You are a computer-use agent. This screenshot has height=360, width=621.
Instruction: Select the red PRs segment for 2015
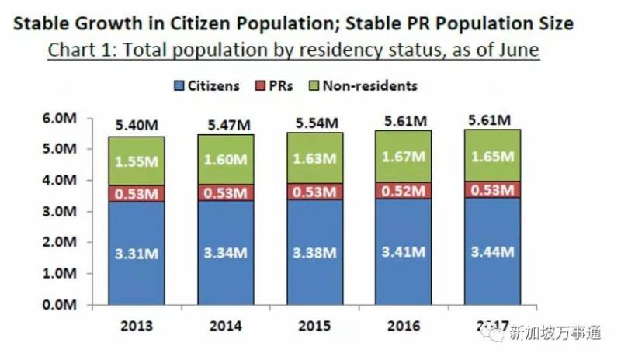pos(316,192)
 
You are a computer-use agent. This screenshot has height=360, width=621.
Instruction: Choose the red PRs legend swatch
pos(259,85)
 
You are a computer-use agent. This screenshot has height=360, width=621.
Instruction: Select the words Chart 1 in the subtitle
pos(78,50)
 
